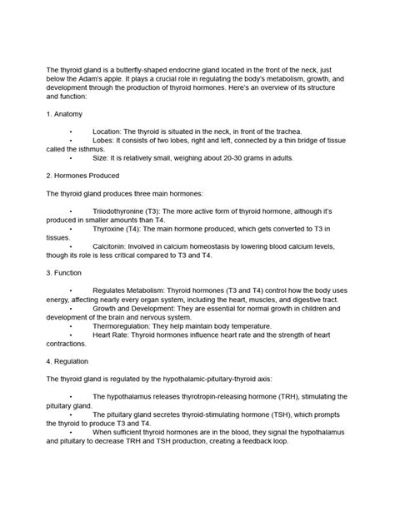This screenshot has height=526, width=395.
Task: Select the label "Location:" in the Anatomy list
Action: click(109, 131)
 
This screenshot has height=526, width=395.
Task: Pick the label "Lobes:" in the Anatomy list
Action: click(106, 141)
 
